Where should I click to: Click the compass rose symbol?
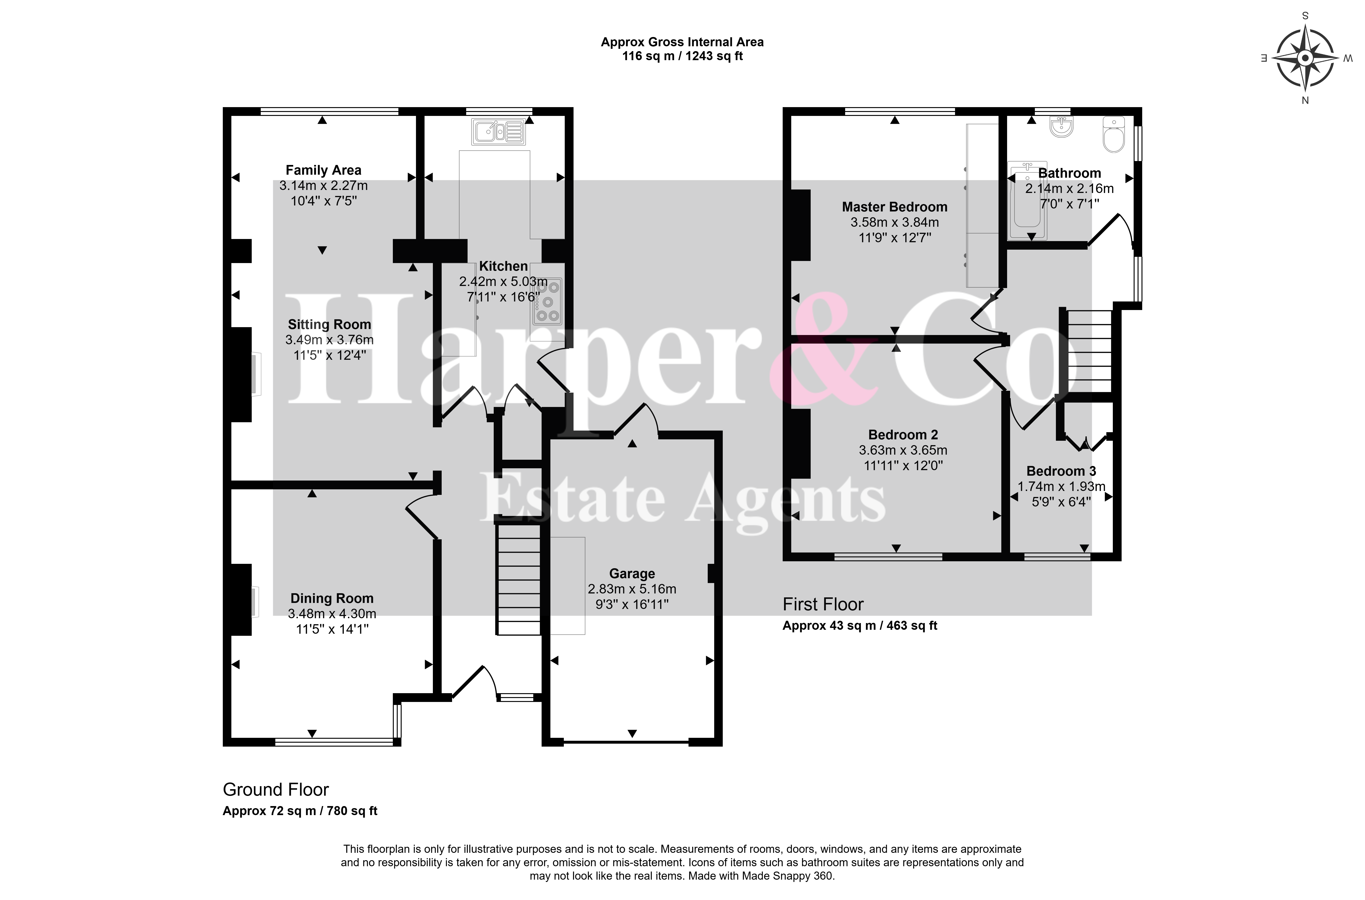(1305, 59)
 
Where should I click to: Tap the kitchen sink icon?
(498, 131)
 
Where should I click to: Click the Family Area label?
(323, 171)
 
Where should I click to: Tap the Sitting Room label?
(329, 325)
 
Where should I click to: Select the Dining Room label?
(332, 599)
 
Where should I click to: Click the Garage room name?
(632, 574)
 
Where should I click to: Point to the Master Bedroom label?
(894, 207)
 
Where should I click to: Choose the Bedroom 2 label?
(903, 435)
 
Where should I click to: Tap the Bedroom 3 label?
(1061, 471)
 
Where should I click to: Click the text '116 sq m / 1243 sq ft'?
(682, 56)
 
